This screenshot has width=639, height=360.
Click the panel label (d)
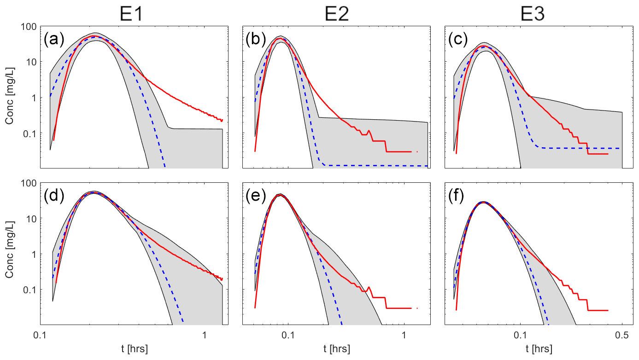(54, 197)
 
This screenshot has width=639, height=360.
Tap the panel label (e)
(255, 197)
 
